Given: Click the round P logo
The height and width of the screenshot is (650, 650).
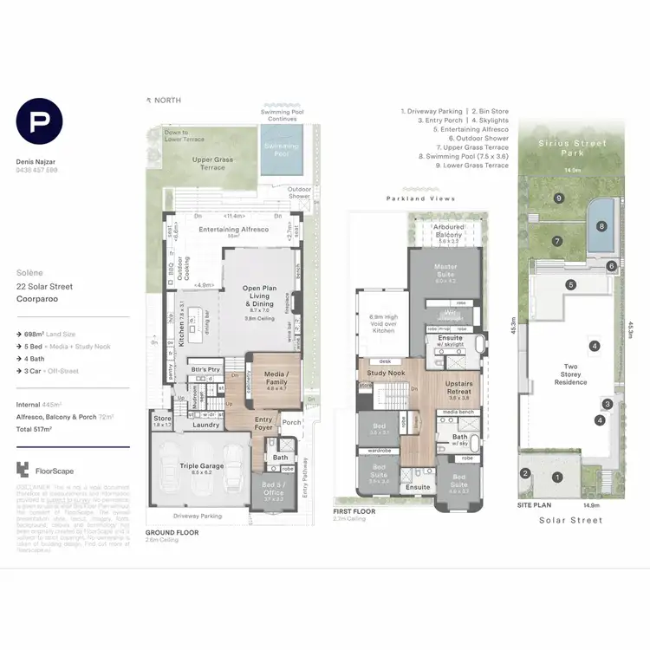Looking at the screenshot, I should (x=39, y=121).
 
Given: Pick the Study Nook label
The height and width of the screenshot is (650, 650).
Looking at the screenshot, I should (x=385, y=374).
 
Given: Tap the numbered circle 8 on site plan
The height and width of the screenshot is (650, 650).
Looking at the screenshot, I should (x=601, y=227).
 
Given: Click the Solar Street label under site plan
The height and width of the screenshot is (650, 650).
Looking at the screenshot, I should (x=570, y=520).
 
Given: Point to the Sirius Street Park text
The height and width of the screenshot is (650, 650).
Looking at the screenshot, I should (x=572, y=147).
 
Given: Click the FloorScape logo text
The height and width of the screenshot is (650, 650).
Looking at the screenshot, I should (x=59, y=471).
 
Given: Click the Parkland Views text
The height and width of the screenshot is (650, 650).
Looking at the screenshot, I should (x=420, y=198).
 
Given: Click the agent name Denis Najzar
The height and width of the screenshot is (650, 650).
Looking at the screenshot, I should (x=36, y=161).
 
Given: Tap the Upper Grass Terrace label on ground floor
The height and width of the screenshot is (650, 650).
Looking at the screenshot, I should (x=213, y=164).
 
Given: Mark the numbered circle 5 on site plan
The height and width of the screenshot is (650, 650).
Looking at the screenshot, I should (x=571, y=284).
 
